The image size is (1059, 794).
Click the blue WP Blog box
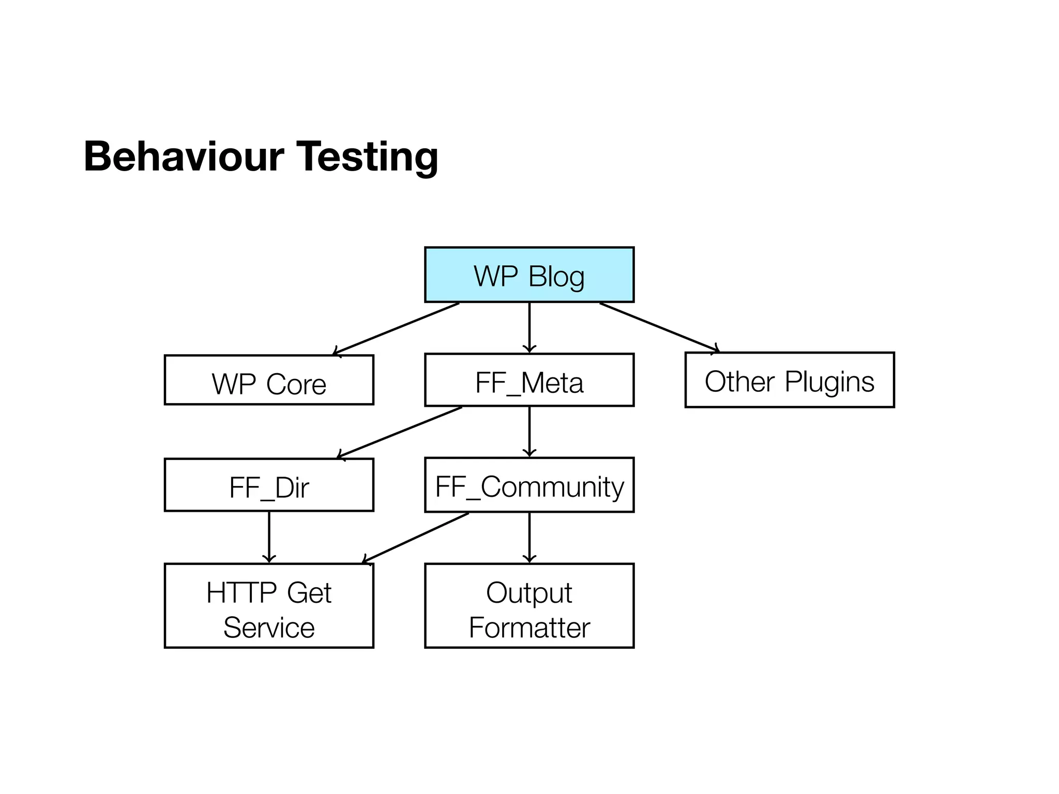pos(529,274)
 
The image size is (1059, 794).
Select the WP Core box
pos(269,380)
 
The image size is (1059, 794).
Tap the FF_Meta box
pos(529,380)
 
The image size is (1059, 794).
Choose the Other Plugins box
pos(789,380)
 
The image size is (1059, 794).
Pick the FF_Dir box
pos(269,485)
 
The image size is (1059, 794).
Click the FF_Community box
pos(529,485)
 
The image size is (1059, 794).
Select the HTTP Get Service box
pos(269,605)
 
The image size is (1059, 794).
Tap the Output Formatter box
pos(529,605)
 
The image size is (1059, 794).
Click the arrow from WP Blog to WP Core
pos(396,329)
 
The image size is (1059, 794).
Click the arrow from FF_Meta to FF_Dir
pos(399,433)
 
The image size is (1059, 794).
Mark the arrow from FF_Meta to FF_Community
pos(529,432)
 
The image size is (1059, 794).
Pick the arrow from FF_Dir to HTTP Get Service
pos(269,537)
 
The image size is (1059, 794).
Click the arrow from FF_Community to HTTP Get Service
pos(415,538)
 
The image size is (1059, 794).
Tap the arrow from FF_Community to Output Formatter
pos(529,537)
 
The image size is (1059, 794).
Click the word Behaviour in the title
pos(184,156)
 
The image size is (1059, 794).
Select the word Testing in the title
pos(367,157)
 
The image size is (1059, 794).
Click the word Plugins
pos(829,382)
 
